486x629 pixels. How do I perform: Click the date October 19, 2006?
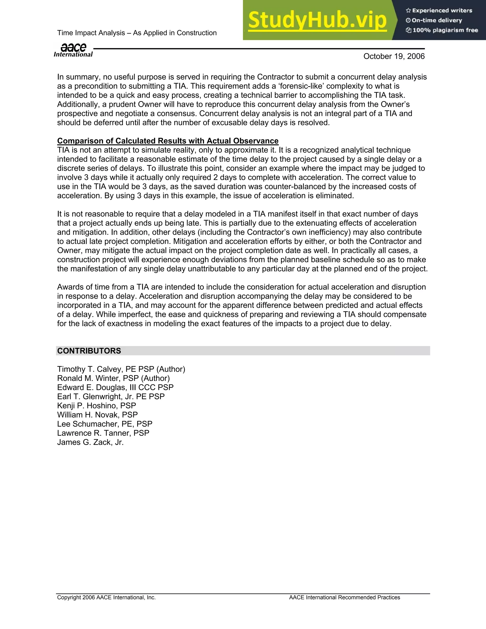coord(394,56)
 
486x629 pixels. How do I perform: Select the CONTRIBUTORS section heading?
coord(89,351)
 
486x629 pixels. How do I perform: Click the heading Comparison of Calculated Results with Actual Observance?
coord(168,141)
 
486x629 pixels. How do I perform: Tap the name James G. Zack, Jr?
coord(90,442)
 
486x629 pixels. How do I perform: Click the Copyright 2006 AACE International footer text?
coord(106,597)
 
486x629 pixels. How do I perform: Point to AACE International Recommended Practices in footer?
coord(344,597)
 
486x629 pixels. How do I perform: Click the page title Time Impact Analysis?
coord(136,33)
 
